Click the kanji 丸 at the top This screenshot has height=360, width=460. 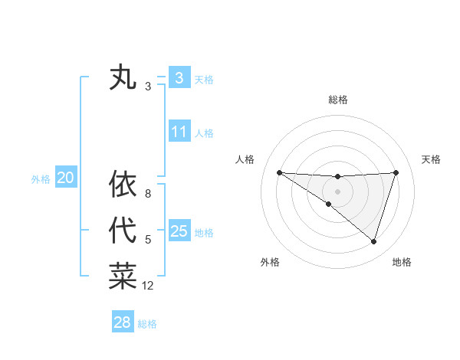coord(123,78)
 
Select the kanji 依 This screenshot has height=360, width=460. coord(123,184)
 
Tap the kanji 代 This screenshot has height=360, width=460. coord(123,230)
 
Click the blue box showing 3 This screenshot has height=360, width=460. coord(179,77)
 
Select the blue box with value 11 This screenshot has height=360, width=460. coord(179,132)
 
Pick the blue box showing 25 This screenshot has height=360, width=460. coord(179,231)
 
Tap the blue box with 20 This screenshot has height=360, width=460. coord(65,178)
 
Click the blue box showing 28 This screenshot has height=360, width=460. coord(122,322)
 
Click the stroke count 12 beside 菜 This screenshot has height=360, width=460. coord(148,286)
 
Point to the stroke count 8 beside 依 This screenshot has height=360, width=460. coord(148,194)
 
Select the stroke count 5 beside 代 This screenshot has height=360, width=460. coord(148,240)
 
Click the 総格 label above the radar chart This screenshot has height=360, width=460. coord(337,100)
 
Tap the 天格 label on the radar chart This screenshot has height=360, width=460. coord(432,159)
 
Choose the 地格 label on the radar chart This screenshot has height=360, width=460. coord(402,262)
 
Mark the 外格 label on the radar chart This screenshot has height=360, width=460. coord(270,262)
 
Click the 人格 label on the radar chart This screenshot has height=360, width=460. coord(244,159)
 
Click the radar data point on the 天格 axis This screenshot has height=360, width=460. coord(396,172)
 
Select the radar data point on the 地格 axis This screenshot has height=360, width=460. coord(373,241)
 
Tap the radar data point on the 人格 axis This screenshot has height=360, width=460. coord(279,172)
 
